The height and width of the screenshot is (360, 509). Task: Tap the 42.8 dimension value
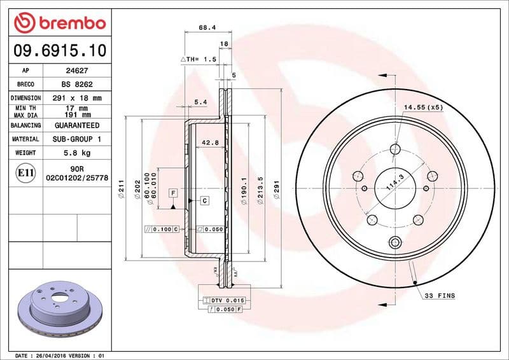pyautogui.click(x=211, y=142)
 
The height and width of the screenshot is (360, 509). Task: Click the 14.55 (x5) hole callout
pyautogui.click(x=423, y=107)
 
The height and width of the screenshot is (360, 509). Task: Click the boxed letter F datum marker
pyautogui.click(x=172, y=192)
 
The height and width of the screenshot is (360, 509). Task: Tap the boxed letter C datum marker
pyautogui.click(x=204, y=201)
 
